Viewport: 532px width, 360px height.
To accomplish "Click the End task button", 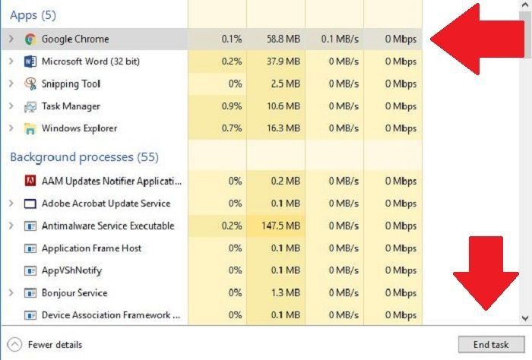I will coord(490,344).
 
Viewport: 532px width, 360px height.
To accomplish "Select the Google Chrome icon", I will coord(30,39).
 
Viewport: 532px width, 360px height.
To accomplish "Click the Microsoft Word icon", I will coord(30,62).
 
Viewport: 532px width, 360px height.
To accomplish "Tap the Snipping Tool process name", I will coord(71,84).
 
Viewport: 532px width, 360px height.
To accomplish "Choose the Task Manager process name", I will coord(71,106).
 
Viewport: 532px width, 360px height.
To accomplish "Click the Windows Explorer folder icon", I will coord(30,128).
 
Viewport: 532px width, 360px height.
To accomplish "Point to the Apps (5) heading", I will coord(33,15).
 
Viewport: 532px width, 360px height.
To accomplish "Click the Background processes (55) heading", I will coord(84,157).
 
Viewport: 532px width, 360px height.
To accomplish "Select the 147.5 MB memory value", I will coord(282,226).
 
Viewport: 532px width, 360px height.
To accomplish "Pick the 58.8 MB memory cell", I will coord(283,39).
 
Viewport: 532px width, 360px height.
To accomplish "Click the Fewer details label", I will coord(55,344).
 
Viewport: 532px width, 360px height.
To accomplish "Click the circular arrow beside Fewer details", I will coord(15,344).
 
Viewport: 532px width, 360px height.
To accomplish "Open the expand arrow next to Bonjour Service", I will coord(11,293).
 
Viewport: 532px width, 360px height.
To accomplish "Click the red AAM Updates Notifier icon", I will coord(30,181).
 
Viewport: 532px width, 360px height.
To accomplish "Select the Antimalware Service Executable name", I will coord(108,226).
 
